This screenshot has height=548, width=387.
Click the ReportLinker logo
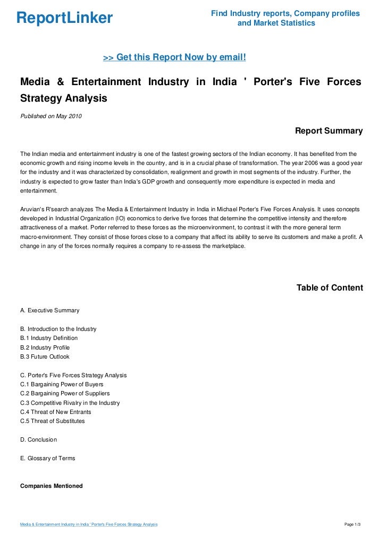(x=64, y=18)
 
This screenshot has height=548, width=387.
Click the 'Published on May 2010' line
(x=51, y=117)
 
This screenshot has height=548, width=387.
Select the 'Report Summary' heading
(x=329, y=131)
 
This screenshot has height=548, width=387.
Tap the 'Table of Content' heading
(x=330, y=288)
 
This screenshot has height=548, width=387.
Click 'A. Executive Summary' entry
(x=49, y=310)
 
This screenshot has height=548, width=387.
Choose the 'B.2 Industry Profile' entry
(x=45, y=347)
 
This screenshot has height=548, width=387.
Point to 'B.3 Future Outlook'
(x=45, y=356)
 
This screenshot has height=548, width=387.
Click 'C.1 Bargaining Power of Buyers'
(x=62, y=384)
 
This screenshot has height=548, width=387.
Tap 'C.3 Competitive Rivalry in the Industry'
(x=70, y=403)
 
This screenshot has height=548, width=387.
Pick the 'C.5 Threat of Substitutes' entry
(x=53, y=421)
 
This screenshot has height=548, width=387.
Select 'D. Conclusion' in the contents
(x=38, y=440)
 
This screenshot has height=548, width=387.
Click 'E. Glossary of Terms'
(x=47, y=458)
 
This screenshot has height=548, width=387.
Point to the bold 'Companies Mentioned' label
(x=51, y=486)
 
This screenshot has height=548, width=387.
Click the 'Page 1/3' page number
(x=353, y=525)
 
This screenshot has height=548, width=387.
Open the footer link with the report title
(x=89, y=525)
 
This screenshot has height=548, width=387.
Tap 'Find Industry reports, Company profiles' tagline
(x=285, y=13)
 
